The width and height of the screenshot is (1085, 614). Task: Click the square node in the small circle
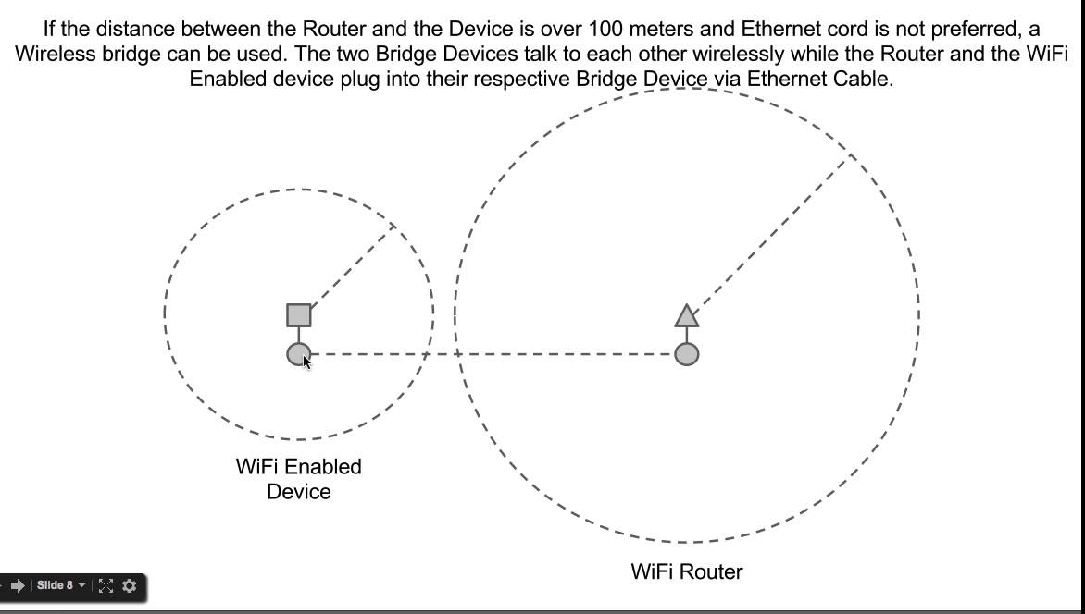[x=299, y=315]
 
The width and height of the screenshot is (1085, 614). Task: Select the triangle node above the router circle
[x=686, y=317]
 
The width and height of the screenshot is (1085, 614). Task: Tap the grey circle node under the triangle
[x=686, y=353]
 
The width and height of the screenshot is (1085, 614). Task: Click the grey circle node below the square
[x=298, y=353]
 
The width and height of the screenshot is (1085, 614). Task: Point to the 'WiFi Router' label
[x=686, y=571]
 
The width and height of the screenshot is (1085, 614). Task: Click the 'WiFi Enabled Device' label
[x=298, y=479]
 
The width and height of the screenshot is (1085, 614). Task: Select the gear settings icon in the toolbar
[x=129, y=585]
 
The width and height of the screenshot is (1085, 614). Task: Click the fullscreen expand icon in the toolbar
[x=106, y=585]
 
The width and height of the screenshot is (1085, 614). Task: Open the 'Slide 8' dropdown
[x=61, y=585]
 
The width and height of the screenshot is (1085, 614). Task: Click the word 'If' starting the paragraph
[x=51, y=29]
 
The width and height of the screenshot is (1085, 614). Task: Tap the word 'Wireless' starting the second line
[x=55, y=54]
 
